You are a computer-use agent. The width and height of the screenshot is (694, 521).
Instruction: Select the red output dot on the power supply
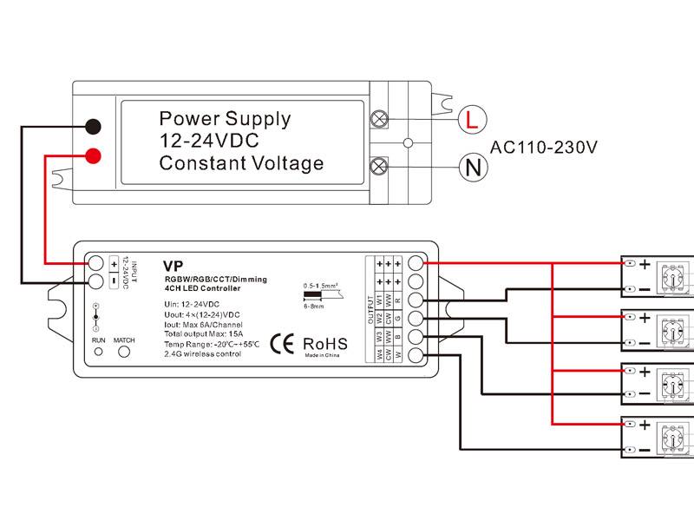(95, 156)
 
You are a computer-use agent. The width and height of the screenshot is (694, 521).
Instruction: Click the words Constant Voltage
(241, 163)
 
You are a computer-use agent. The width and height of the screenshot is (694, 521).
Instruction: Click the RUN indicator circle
(99, 352)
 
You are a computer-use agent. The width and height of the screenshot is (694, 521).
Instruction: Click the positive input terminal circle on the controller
(95, 262)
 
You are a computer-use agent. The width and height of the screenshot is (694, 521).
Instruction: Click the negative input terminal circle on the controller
(95, 280)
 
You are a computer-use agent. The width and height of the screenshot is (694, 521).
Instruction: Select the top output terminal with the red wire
(416, 262)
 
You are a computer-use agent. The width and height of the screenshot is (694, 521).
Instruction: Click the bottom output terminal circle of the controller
(416, 354)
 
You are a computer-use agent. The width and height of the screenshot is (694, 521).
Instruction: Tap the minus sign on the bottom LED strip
(645, 449)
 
